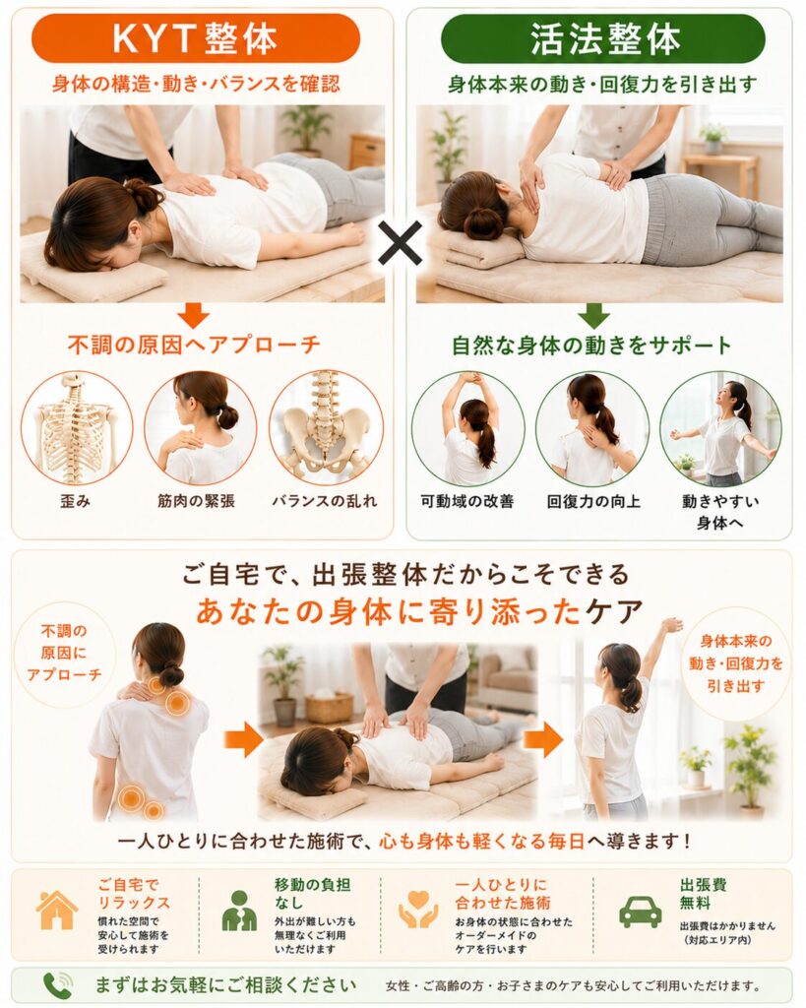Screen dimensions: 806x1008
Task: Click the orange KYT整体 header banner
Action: [x=196, y=38]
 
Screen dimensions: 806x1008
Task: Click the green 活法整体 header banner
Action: [x=603, y=38]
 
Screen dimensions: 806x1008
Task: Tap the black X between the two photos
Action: [x=400, y=243]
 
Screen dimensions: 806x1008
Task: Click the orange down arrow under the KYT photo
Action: [x=194, y=315]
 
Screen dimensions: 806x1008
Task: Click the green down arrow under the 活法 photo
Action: [x=593, y=315]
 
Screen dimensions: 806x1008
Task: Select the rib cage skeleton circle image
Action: [x=77, y=428]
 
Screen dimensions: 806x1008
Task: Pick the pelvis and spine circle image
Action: [x=326, y=428]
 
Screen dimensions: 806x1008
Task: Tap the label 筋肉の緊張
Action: [x=196, y=501]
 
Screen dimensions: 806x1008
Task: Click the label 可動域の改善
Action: [x=467, y=501]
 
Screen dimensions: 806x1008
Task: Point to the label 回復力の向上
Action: [x=593, y=501]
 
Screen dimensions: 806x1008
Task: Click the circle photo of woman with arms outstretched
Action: [x=719, y=428]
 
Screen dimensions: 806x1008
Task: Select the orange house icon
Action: [x=56, y=911]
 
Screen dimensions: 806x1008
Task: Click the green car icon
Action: [x=640, y=912]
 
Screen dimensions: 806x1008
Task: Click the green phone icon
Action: [x=57, y=984]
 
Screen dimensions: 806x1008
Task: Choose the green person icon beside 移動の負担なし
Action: [x=239, y=911]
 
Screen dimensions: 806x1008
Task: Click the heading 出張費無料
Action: [x=704, y=894]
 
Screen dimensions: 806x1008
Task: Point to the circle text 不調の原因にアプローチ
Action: [x=64, y=653]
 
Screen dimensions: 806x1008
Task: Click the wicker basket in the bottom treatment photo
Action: [x=329, y=707]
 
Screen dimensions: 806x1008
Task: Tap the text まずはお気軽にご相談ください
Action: [x=225, y=984]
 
